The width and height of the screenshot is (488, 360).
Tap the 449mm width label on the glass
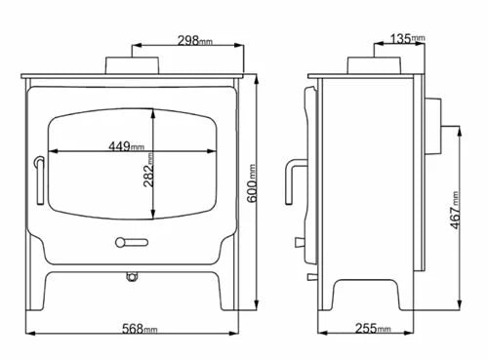[x=129, y=149]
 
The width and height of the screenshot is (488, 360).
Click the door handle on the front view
[x=38, y=180]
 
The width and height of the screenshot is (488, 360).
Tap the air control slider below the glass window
[x=130, y=241]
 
